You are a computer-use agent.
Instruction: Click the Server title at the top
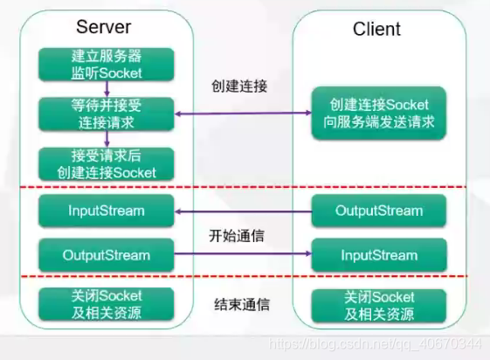point(104,27)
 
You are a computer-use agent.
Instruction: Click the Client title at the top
point(376,29)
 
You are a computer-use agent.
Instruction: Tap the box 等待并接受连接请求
point(106,114)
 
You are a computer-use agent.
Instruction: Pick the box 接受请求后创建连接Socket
point(106,164)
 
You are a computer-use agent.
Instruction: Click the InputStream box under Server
point(106,211)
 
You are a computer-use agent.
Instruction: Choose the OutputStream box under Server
point(106,256)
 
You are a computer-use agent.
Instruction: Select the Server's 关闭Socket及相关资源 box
point(106,304)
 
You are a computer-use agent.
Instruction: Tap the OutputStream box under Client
point(379,211)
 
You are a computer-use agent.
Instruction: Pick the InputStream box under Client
point(379,256)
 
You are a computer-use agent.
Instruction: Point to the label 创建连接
point(238,87)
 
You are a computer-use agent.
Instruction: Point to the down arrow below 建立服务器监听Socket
point(106,90)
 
